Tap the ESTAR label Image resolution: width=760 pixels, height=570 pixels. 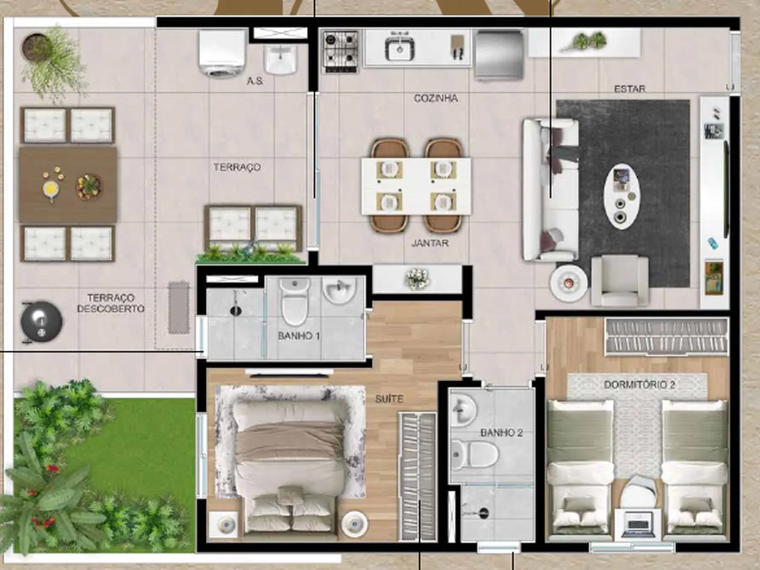coord(630,89)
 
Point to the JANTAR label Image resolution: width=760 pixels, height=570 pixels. coord(430,243)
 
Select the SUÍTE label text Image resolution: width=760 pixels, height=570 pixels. coord(389,399)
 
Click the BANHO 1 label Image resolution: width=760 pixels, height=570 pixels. coord(299,336)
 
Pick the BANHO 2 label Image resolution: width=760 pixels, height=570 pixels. coord(502,432)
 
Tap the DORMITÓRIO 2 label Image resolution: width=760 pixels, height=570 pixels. coord(639,385)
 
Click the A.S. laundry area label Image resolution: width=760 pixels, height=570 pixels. coord(255,81)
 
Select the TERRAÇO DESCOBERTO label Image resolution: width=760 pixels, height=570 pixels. coord(111,303)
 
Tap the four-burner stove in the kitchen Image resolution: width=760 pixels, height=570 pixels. coord(341,52)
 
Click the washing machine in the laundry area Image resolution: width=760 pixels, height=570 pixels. coord(221,53)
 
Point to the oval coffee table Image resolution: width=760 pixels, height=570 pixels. coord(622,196)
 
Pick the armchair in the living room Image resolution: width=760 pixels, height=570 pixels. coord(619,280)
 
